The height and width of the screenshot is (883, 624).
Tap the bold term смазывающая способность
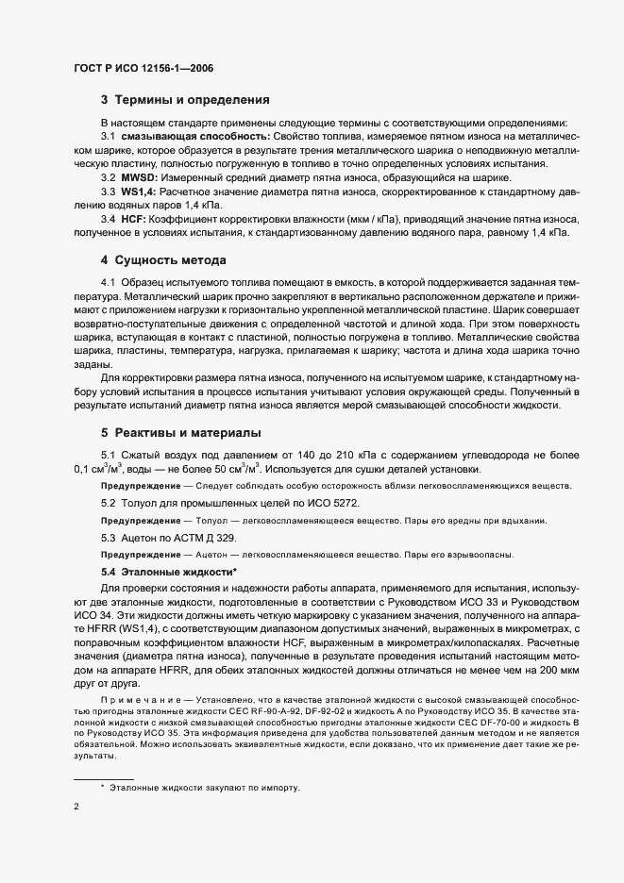194,137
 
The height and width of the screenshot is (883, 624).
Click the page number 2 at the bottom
76,808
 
